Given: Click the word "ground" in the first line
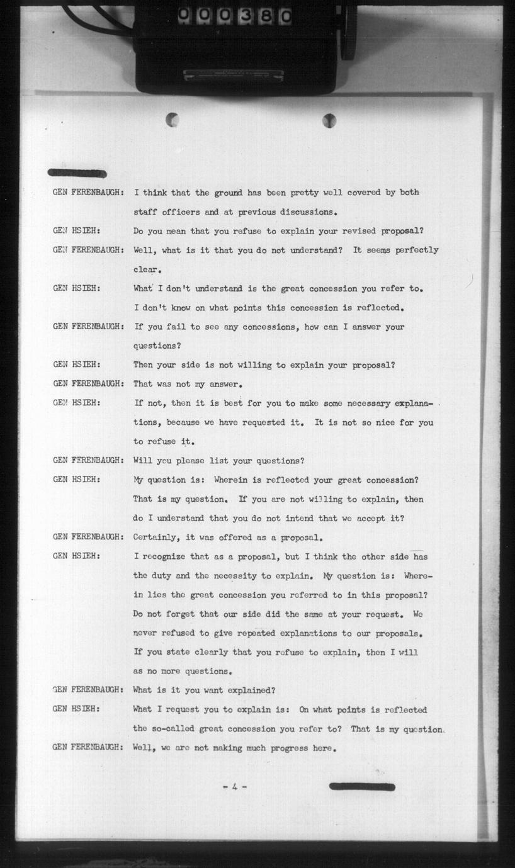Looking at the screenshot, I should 232,193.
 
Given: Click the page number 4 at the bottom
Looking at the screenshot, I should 234,787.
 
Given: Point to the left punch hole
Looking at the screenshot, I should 172,119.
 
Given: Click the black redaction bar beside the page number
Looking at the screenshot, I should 362,787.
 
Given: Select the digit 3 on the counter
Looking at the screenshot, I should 247,16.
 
